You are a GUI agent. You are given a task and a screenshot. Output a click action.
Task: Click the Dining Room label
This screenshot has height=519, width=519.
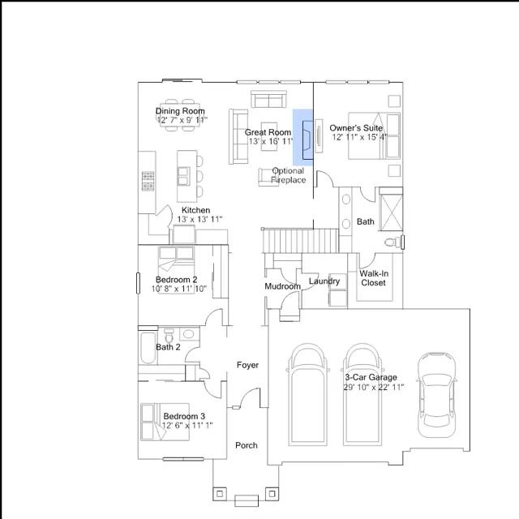coord(180,111)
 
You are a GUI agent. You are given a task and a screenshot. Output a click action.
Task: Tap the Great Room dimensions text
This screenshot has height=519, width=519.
coord(271,141)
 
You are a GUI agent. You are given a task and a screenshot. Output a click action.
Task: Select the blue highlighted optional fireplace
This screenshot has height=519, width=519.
coord(303,137)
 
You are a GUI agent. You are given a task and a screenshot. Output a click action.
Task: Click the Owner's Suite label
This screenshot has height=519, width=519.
coord(356,128)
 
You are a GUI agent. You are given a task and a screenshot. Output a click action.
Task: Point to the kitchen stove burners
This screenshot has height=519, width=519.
coord(148,181)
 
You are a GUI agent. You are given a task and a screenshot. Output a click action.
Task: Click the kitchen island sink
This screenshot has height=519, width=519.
coord(184,176)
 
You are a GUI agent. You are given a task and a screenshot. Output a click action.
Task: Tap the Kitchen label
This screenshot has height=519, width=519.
coord(195,210)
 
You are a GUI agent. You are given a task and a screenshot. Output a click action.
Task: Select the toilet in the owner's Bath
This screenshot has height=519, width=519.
coord(392,242)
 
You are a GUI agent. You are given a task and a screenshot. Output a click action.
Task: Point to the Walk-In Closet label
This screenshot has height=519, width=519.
coord(374,278)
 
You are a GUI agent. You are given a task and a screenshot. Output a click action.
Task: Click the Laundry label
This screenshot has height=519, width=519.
coord(324,281)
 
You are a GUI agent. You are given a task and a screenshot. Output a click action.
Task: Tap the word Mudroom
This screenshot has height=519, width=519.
coord(283,286)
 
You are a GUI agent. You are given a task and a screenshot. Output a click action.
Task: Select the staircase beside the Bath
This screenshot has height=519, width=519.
coord(301,241)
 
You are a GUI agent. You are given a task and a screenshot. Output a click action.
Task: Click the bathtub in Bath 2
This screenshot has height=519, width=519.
coord(148,348)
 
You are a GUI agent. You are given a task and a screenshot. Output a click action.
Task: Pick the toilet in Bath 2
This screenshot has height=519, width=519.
coord(169,336)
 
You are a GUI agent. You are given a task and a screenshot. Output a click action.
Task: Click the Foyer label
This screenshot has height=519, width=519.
coord(247,365)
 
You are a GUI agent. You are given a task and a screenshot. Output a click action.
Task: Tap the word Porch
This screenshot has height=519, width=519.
coord(247,445)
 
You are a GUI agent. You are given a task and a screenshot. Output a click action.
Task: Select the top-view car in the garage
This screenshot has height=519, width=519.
coord(437,395)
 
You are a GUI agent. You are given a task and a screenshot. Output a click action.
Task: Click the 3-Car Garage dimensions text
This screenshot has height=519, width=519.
coord(374,387)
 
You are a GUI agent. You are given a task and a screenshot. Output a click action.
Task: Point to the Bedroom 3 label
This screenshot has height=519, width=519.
coord(184,416)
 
